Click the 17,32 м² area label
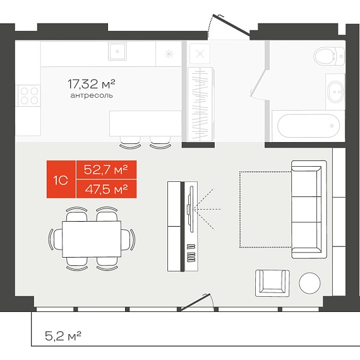coord(92,84)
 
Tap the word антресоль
coord(92,95)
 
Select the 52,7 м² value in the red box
coord(106,170)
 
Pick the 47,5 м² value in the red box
coord(106,189)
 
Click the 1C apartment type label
coord(61,180)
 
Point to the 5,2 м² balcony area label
coord(63,336)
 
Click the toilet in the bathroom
coord(330,56)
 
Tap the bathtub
coord(308,126)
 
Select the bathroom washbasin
coord(335,92)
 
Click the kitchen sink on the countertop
coord(117,51)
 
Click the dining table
coord(92,239)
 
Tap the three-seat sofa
coord(309,210)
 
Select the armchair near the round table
coord(272,284)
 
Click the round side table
coord(309,283)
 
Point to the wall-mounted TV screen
coord(190,209)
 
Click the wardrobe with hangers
coord(200,104)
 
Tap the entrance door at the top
coord(231,25)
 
